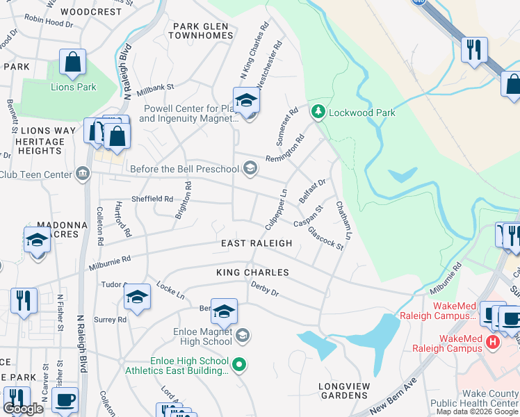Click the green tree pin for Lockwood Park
point(318,111)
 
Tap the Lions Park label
point(74,87)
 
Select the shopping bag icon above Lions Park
point(72,63)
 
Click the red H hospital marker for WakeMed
point(493,342)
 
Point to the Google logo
point(23,409)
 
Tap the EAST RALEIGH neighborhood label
point(256,243)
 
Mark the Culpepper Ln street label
point(276,209)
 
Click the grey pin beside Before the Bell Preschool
point(250,167)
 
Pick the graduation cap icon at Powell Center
point(245,101)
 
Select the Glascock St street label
point(325,238)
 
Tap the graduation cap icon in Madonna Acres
point(37,241)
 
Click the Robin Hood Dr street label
point(48,23)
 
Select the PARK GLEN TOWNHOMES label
point(202,31)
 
